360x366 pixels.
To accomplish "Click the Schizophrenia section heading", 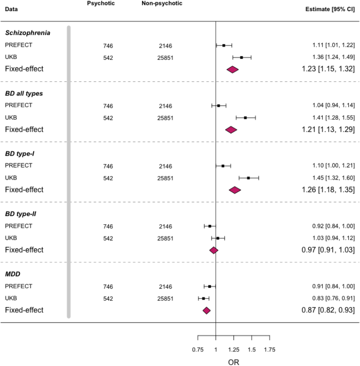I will (x=28, y=33).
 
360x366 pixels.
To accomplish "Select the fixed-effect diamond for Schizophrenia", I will (x=233, y=69).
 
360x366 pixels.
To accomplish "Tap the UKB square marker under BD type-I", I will (x=248, y=178).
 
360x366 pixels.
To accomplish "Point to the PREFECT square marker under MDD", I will (x=210, y=287).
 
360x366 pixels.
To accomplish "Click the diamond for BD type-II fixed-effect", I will (x=214, y=250).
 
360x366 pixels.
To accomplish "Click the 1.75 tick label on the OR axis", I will (x=270, y=349).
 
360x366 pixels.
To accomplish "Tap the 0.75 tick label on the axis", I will (x=198, y=349).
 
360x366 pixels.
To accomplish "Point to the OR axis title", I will (x=234, y=362).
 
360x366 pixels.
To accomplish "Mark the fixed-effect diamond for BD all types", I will (x=231, y=129).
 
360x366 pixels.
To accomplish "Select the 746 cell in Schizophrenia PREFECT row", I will (x=108, y=46).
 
